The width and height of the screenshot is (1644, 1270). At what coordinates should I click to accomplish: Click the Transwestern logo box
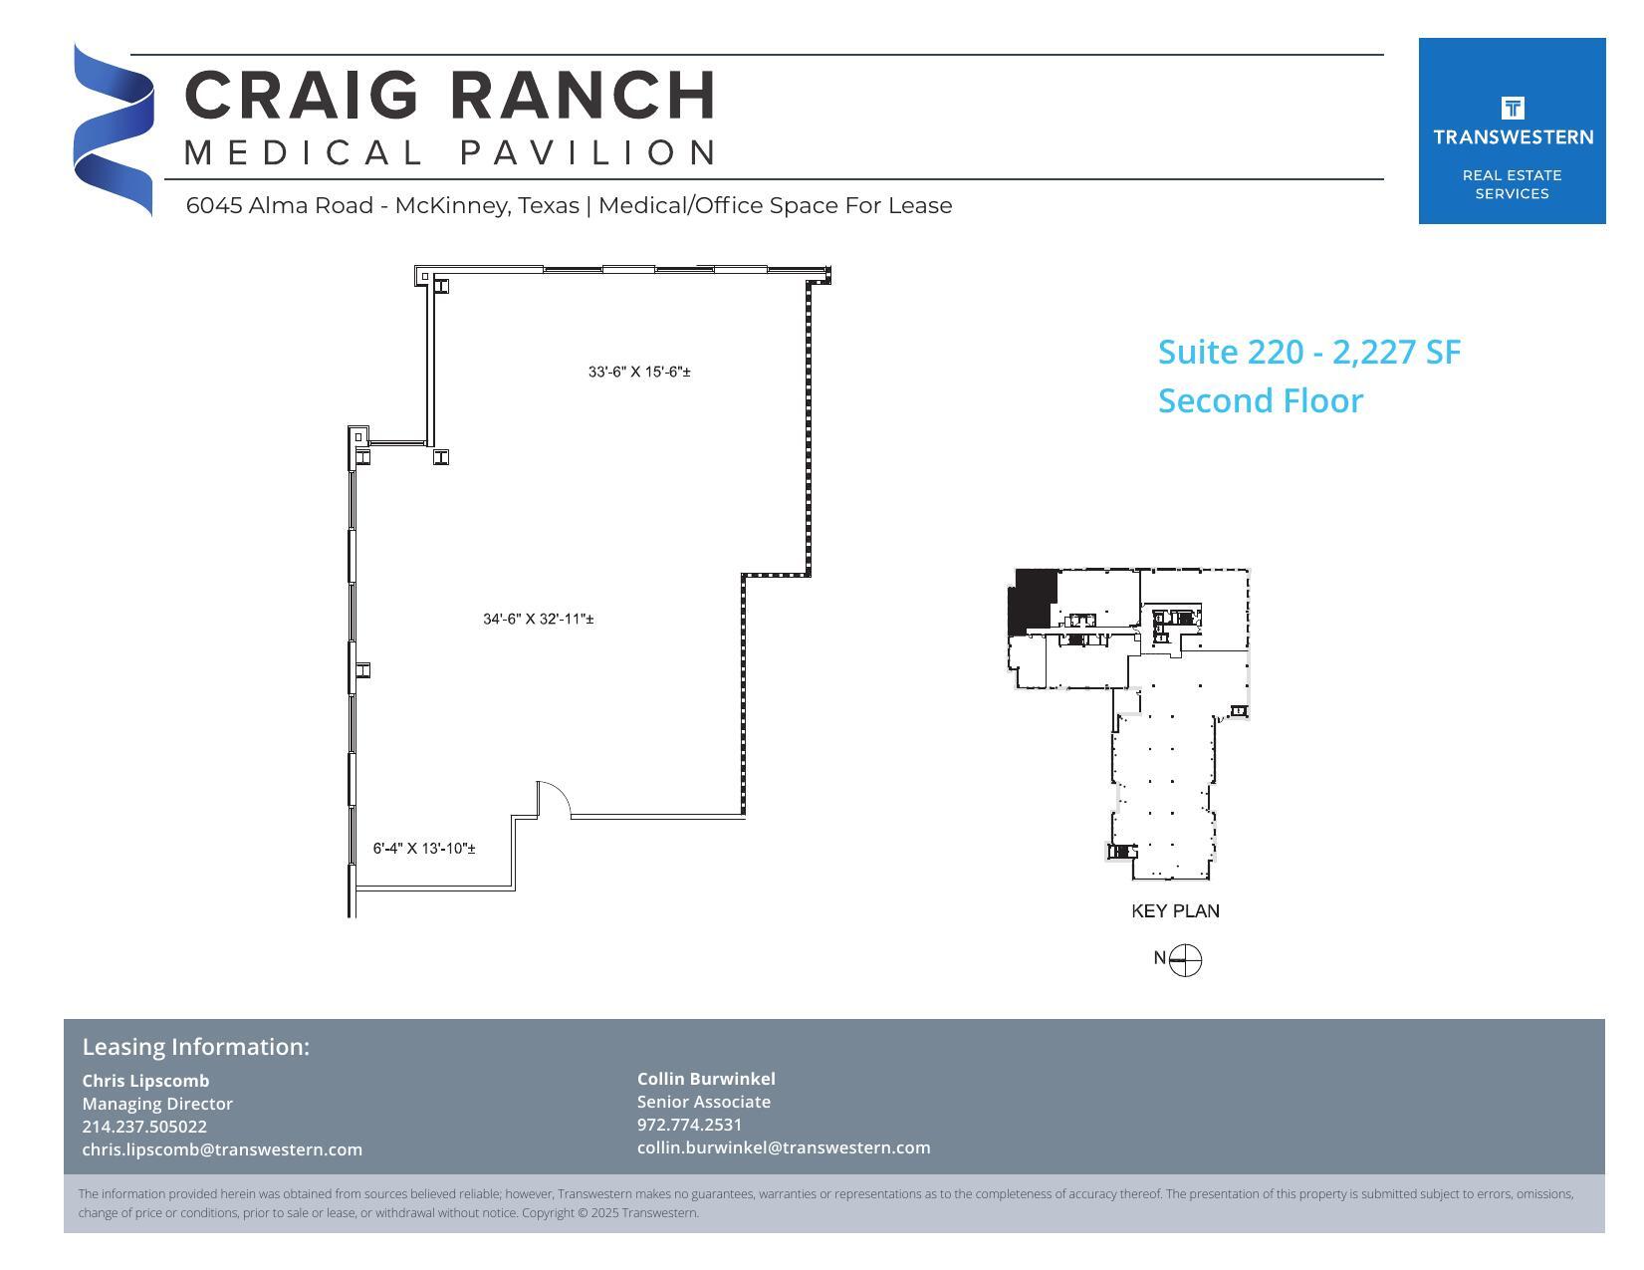coord(1512,130)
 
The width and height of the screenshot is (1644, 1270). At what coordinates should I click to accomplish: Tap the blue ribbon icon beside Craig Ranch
coord(114,129)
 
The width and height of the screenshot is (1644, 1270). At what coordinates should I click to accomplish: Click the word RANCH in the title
coord(583,96)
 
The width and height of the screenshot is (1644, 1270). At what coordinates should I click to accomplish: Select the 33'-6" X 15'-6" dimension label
coord(639,373)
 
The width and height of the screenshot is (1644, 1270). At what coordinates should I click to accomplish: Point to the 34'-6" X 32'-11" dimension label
coord(539,620)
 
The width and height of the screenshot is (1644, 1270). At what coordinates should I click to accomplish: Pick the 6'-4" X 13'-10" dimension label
coord(424,849)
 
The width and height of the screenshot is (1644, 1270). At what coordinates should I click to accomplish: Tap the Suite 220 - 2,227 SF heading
coord(1308,353)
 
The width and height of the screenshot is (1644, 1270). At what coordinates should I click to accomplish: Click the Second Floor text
coord(1260,400)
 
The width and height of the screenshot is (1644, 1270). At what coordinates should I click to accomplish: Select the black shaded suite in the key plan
coord(1033,600)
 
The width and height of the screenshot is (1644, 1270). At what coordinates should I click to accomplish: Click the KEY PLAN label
coord(1175,911)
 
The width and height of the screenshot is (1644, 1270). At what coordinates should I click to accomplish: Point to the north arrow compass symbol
coord(1184,960)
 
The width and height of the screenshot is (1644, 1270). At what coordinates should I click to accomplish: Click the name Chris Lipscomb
coord(145,1081)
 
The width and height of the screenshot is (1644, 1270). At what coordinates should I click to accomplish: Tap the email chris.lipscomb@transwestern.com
coord(222,1149)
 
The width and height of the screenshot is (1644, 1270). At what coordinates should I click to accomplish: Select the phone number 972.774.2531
coord(689,1125)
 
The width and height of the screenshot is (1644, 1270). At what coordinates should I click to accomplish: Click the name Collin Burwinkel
coord(706,1079)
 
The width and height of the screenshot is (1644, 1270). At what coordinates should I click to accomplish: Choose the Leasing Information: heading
coord(195,1047)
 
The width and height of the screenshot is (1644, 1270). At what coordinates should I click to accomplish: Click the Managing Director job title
coord(157,1104)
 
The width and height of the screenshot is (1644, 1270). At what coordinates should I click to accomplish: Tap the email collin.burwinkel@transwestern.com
coord(784,1147)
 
